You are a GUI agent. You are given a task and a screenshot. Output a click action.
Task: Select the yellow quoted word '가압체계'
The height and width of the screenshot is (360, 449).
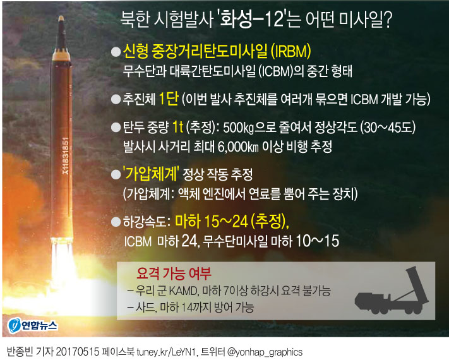point(156,174)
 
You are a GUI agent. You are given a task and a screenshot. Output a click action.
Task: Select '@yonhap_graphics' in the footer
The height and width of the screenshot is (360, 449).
point(265,351)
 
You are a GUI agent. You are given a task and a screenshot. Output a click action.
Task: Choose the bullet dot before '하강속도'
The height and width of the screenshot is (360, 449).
point(116,222)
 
